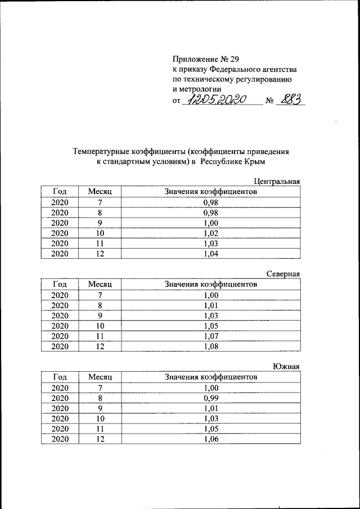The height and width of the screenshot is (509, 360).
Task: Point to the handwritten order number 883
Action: tap(292, 100)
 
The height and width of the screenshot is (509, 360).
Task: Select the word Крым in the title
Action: tap(254, 161)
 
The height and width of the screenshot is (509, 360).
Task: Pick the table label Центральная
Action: tap(277, 181)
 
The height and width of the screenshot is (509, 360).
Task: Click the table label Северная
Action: tap(283, 274)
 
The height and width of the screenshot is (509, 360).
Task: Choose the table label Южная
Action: tap(286, 367)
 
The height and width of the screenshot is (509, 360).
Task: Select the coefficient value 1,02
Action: tap(211, 233)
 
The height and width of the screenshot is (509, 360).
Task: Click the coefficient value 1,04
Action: tap(211, 254)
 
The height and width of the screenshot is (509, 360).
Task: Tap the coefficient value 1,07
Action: tap(211, 336)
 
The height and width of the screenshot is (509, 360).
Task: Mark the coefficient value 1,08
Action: tap(211, 346)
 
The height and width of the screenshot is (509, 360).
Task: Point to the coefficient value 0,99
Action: tap(211, 398)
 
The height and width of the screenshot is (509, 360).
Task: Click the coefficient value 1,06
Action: tap(211, 439)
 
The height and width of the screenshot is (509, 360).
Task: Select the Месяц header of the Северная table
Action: tap(100, 285)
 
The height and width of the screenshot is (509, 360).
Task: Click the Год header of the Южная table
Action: tap(60, 377)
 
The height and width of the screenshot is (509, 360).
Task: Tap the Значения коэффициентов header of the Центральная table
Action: tap(211, 192)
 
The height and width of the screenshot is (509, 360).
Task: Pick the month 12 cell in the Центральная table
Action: tap(100, 254)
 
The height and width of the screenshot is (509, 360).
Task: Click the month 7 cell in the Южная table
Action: tap(100, 388)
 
